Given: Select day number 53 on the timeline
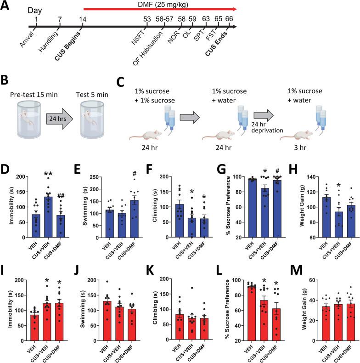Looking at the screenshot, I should [147, 19].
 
